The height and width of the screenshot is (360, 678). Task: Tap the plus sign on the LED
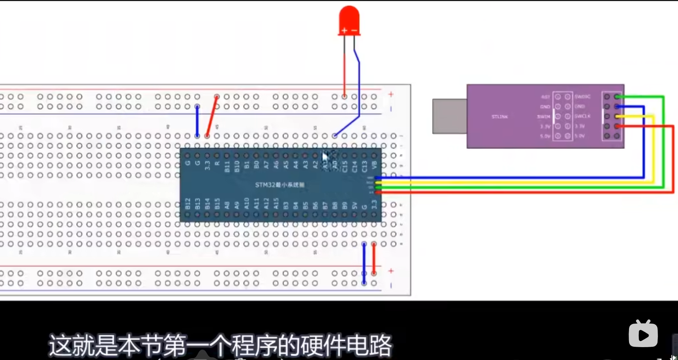click(x=344, y=30)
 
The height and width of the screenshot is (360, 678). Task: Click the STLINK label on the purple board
click(x=500, y=117)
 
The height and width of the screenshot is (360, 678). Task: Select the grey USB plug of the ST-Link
click(x=449, y=116)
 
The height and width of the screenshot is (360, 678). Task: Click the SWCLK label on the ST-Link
click(x=583, y=116)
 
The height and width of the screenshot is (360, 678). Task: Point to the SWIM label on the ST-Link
click(x=544, y=117)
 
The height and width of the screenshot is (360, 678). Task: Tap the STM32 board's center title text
click(x=280, y=185)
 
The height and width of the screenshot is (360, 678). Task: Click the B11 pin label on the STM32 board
click(x=227, y=166)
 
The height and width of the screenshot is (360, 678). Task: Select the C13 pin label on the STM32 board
click(x=364, y=166)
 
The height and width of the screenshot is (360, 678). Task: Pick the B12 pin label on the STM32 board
click(x=188, y=203)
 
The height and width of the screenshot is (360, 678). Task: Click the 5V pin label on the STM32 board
click(x=354, y=205)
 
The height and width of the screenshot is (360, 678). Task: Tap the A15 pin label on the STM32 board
click(x=276, y=203)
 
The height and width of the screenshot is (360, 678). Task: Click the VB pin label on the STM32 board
click(x=374, y=165)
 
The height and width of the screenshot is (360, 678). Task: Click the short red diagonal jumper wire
click(x=212, y=116)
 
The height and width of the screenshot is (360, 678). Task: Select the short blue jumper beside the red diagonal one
click(x=197, y=121)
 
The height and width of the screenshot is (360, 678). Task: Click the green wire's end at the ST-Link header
click(x=617, y=97)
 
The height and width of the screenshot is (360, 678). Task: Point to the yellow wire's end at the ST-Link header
click(x=617, y=116)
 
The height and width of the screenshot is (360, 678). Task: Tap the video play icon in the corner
click(x=643, y=334)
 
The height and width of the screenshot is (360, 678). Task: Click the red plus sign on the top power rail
click(x=391, y=94)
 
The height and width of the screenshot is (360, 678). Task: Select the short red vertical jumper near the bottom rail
click(x=374, y=258)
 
